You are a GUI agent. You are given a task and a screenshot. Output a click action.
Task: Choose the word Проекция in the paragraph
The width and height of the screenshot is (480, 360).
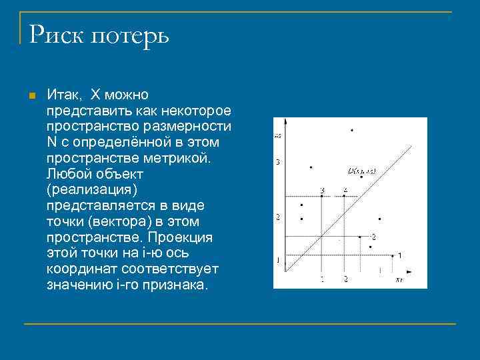coord(180,237)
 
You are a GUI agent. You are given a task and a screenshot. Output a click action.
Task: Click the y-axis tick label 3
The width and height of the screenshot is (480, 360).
coord(278,162)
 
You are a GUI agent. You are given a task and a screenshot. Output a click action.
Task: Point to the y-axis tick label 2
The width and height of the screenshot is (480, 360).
coord(278,217)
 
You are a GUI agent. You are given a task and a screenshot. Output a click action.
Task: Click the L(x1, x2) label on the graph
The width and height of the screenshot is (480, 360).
coord(362,171)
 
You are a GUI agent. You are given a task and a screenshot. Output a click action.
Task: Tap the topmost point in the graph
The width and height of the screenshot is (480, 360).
coord(351,129)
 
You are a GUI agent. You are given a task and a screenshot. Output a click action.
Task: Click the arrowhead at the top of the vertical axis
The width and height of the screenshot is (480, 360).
coord(285,121)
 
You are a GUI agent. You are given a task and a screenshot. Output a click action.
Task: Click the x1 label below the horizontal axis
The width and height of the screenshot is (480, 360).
coord(399,280)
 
